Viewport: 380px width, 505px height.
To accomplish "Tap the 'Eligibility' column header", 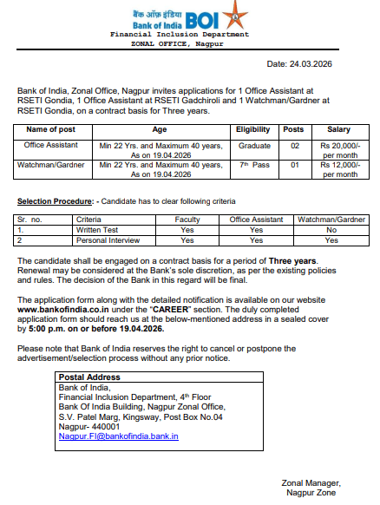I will coord(254,129).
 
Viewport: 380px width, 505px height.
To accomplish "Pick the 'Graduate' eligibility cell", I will coord(254,146).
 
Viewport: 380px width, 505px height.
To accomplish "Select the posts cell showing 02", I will coord(295,146).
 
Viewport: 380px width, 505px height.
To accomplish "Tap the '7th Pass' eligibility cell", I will coord(254,164).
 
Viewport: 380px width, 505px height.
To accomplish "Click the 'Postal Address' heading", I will coord(88,377).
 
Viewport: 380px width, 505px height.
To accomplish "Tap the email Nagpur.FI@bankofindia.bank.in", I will coord(118,436).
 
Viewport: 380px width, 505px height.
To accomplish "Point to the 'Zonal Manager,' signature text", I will coord(310,483).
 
